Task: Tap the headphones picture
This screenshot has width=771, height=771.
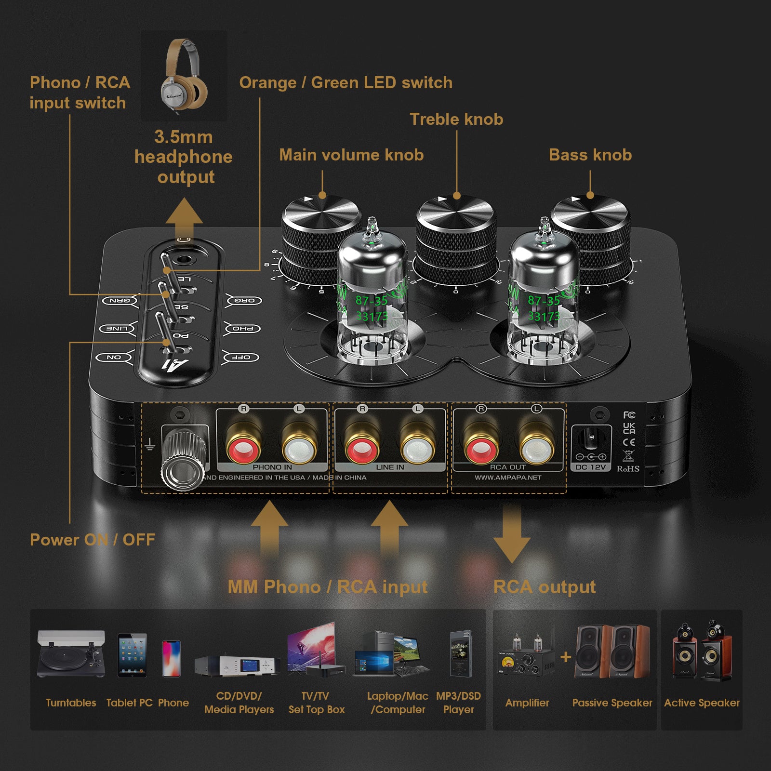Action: (x=184, y=75)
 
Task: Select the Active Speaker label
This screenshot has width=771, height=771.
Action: (x=702, y=703)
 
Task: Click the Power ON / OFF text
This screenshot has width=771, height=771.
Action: (x=93, y=540)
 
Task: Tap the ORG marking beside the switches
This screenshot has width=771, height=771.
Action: (x=244, y=300)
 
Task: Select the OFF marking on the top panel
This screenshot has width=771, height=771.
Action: (x=241, y=357)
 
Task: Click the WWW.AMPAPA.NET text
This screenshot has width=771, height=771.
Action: (x=508, y=478)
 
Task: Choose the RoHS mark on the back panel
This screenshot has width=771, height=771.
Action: (x=628, y=468)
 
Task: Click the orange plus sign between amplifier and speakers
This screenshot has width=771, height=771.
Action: (x=566, y=657)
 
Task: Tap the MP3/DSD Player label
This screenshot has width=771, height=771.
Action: (x=458, y=703)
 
